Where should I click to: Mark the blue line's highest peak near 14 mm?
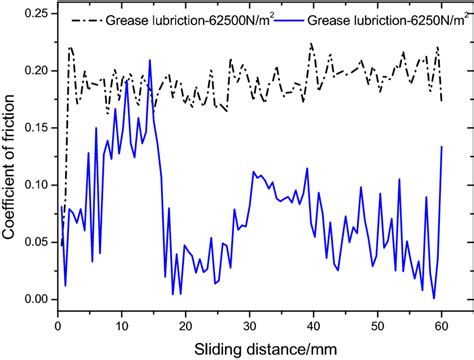click(149, 60)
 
